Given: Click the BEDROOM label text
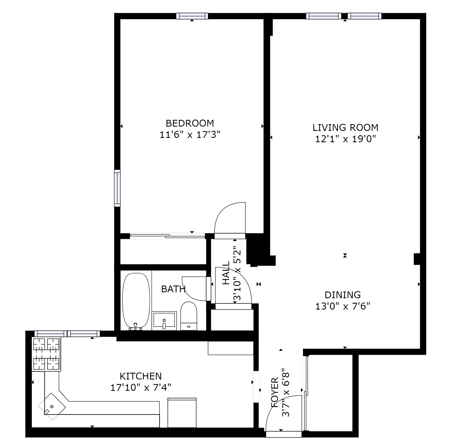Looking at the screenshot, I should pos(190,123).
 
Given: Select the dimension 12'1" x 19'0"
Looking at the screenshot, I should pos(345,139).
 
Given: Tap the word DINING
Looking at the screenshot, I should pos(343,295).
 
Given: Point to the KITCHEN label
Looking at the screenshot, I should pos(140,376).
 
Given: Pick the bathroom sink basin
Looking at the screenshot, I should pos(164,320).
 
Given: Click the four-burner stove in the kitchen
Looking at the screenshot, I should pos(46,354).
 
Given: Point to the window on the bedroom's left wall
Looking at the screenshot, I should pos(117,188).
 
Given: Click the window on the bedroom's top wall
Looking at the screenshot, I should pos(192,16).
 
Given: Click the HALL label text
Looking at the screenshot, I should pos(226,273).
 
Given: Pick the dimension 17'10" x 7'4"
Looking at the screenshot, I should pos(140,388).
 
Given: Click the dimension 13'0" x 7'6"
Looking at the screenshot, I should pos(343,306).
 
